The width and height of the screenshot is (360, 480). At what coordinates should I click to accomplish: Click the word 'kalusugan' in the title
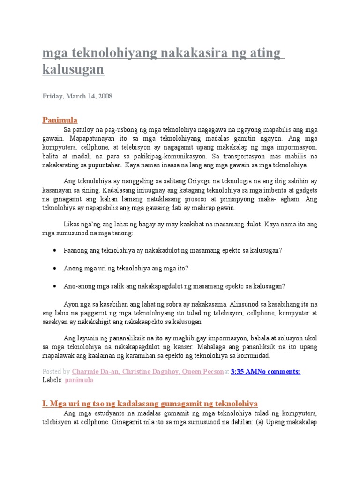[x=73, y=70]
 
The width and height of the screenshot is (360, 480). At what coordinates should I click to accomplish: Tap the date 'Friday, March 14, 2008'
[x=77, y=96]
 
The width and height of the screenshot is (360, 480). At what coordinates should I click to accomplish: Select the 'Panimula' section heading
[x=60, y=120]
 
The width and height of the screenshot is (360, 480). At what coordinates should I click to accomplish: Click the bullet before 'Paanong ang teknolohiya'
[x=55, y=250]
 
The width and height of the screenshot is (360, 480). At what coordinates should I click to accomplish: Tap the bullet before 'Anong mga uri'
[x=55, y=268]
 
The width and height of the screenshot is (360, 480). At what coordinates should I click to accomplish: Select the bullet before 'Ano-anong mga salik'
[x=55, y=286]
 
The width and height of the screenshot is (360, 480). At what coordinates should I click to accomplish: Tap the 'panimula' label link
[x=79, y=380]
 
